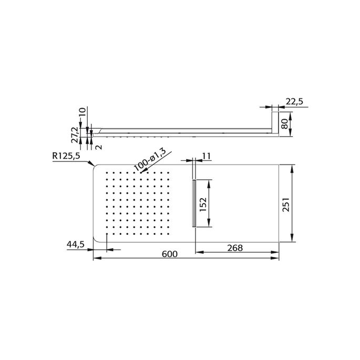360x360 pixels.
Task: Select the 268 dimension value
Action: click(235, 248)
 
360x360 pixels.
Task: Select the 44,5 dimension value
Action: click(76, 244)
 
